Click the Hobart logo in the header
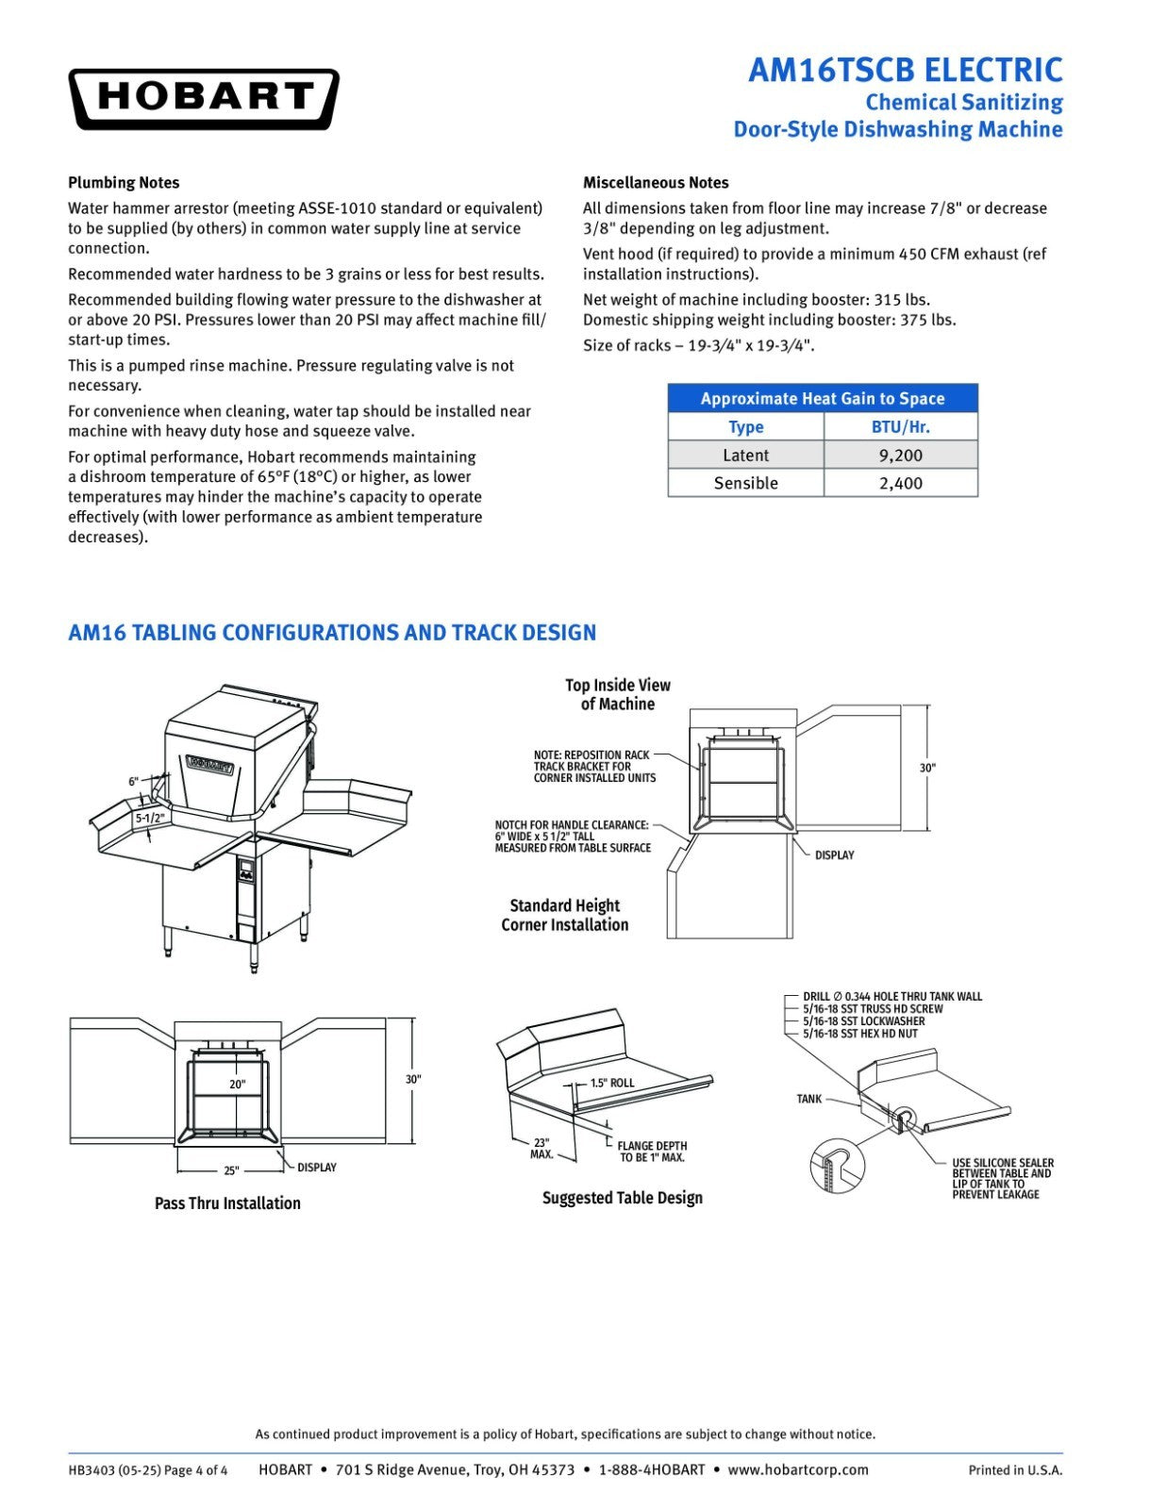pos(204,99)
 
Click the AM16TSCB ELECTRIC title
pos(905,71)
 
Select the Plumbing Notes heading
pos(124,183)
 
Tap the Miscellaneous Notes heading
pos(656,183)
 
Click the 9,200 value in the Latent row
pos(901,456)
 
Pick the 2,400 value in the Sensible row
pos(901,483)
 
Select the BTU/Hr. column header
pos(901,427)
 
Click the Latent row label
pos(746,456)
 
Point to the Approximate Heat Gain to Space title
pos(823,399)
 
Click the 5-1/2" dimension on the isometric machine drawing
pos(149,818)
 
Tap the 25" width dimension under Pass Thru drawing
pos(231,1170)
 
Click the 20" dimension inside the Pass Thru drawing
pos(238,1084)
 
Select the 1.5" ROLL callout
pos(612,1083)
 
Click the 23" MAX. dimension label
pos(541,1149)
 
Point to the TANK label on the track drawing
pos(809,1100)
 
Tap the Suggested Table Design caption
pos(623,1198)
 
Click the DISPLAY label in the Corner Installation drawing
pos(835,855)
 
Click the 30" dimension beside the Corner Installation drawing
pos(927,768)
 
